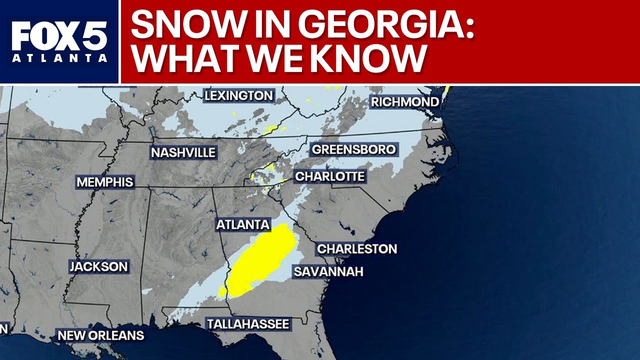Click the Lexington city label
pyautogui.click(x=239, y=95)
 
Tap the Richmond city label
pyautogui.click(x=405, y=102)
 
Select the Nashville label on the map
pyautogui.click(x=183, y=152)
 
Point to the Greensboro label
pyautogui.click(x=353, y=149)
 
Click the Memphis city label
pyautogui.click(x=105, y=182)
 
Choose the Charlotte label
pyautogui.click(x=330, y=176)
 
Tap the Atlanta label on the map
pyautogui.click(x=243, y=225)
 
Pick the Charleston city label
pyautogui.click(x=357, y=248)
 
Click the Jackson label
pyautogui.click(x=98, y=266)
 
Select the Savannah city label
pyautogui.click(x=328, y=272)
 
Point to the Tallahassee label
pyautogui.click(x=248, y=324)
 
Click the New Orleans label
pyautogui.click(x=101, y=335)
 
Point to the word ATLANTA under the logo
pyautogui.click(x=59, y=58)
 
